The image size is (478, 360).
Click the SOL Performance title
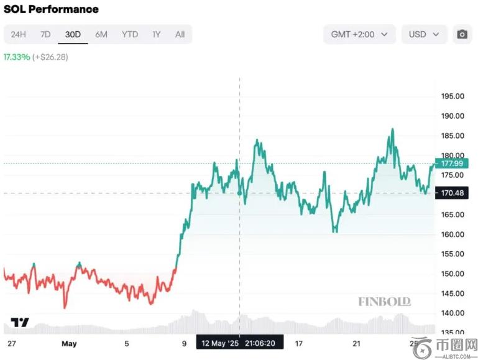(51, 9)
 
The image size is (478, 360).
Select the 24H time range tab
(18, 34)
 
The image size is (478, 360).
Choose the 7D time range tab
(45, 34)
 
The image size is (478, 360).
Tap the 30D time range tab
(73, 34)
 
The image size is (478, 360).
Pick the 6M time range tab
(101, 34)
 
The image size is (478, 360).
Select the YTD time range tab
(130, 34)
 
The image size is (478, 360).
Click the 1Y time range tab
(157, 34)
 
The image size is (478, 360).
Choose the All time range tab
(180, 34)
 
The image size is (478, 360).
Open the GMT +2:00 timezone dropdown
(359, 34)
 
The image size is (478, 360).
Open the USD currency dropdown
(423, 34)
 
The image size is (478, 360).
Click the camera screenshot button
(462, 34)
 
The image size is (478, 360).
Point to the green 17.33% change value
(16, 57)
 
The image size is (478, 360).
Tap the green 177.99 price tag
(452, 164)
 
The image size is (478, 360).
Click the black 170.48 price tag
(452, 193)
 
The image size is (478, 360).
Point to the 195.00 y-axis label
(453, 96)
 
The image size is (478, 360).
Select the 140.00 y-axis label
(453, 313)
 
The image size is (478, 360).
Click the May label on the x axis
(68, 343)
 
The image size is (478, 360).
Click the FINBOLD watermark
(384, 302)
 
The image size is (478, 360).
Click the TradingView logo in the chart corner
(20, 322)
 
